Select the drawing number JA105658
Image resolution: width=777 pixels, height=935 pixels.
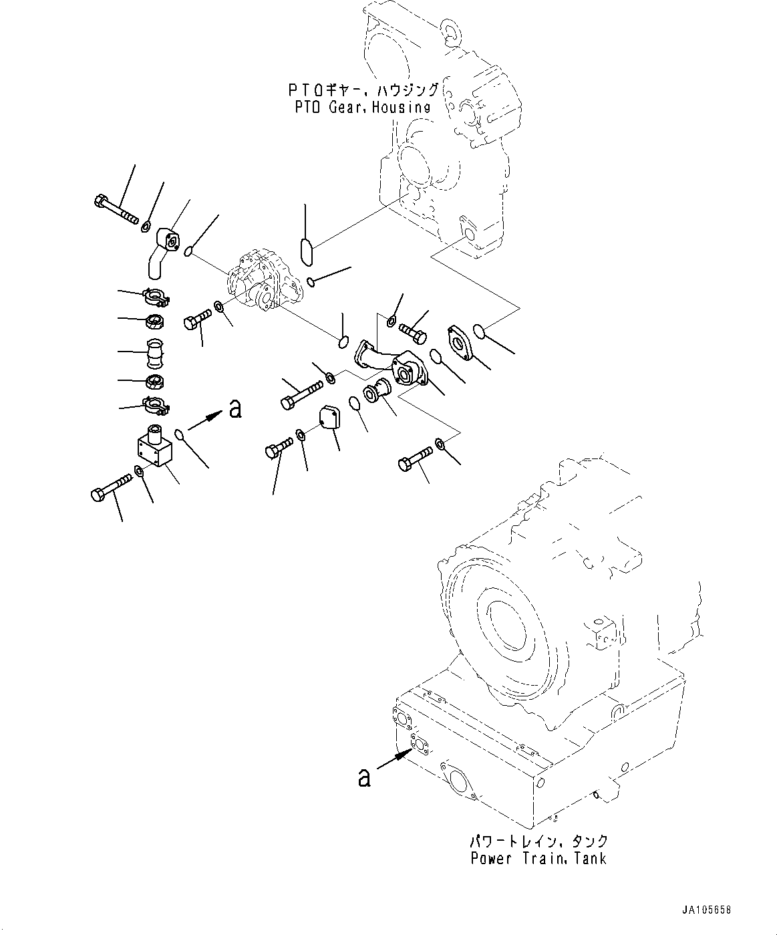[707, 910]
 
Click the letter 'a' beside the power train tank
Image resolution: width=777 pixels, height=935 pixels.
[364, 777]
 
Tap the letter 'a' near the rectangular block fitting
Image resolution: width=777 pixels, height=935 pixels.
[235, 408]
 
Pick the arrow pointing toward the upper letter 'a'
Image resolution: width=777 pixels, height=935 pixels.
[206, 420]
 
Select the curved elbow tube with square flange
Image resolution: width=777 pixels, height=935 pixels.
[161, 252]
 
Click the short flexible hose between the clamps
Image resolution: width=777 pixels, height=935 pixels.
[153, 353]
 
